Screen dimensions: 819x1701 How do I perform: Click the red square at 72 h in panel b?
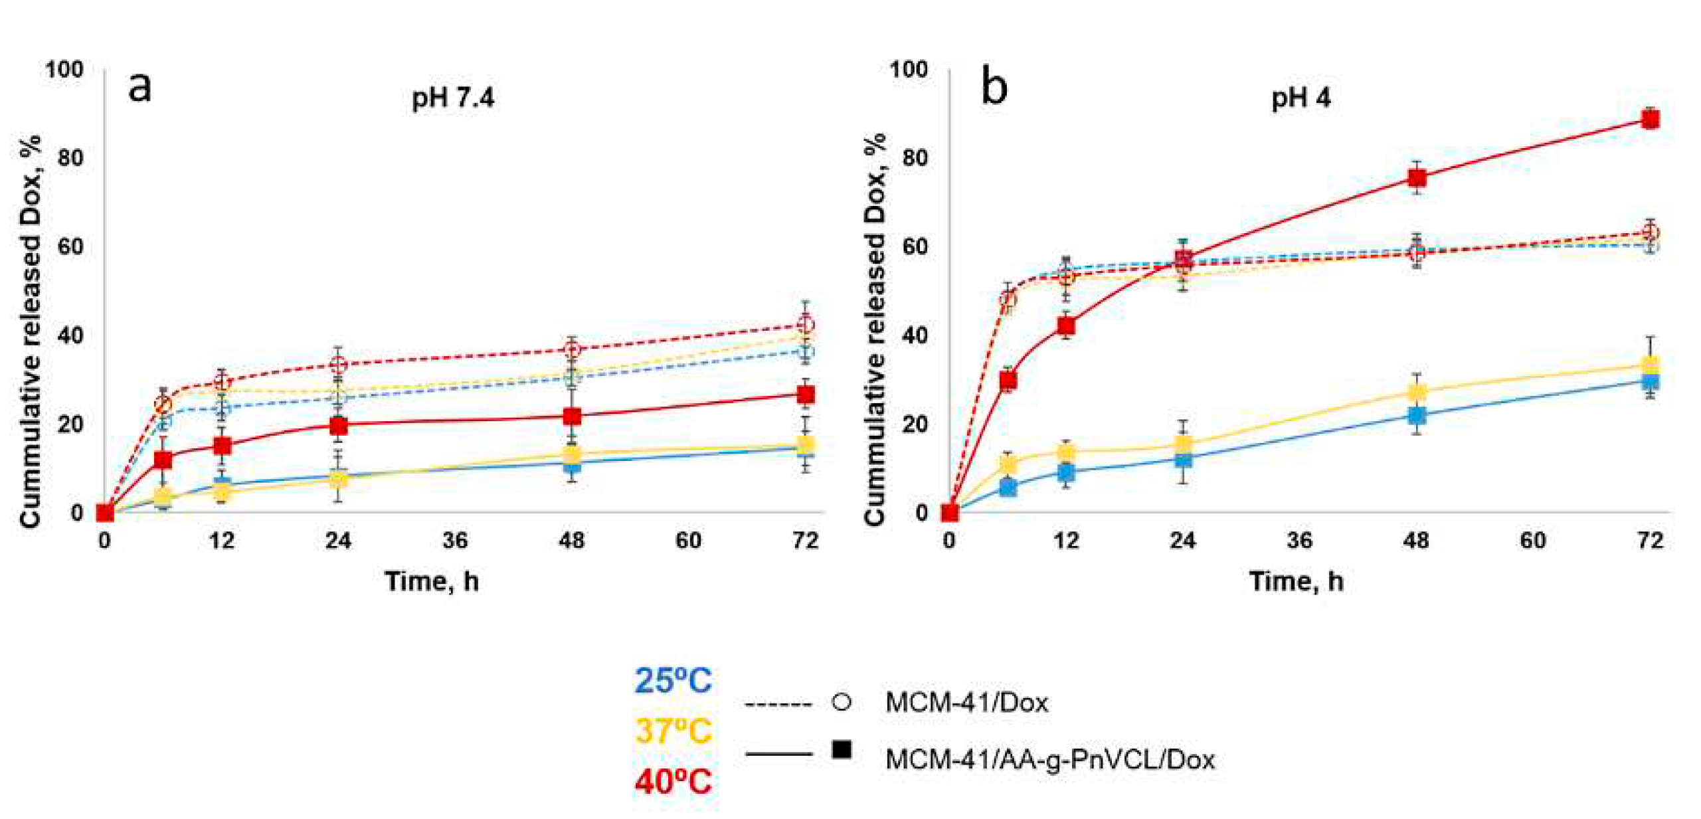1650,120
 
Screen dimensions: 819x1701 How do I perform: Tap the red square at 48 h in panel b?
1416,177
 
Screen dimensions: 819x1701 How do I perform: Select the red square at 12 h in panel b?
1066,325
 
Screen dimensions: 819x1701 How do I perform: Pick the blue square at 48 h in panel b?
1416,415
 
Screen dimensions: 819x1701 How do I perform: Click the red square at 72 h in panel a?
805,395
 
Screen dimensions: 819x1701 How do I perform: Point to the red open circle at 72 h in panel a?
805,324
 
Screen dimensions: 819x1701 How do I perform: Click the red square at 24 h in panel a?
338,425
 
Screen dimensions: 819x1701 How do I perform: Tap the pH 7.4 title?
453,98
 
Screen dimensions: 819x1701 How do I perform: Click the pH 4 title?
1300,98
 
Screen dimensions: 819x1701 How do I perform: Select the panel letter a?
139,86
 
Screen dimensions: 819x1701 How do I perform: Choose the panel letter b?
994,86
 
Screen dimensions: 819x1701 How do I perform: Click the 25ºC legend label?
673,680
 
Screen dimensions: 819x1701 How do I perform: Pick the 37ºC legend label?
673,731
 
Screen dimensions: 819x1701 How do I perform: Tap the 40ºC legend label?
673,781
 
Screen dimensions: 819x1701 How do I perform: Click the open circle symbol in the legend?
842,702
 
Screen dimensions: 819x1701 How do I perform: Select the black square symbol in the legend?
842,751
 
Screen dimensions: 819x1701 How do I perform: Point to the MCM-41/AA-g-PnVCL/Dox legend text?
1049,759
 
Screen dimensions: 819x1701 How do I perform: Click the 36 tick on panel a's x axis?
455,541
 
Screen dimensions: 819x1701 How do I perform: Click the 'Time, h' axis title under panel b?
1297,581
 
